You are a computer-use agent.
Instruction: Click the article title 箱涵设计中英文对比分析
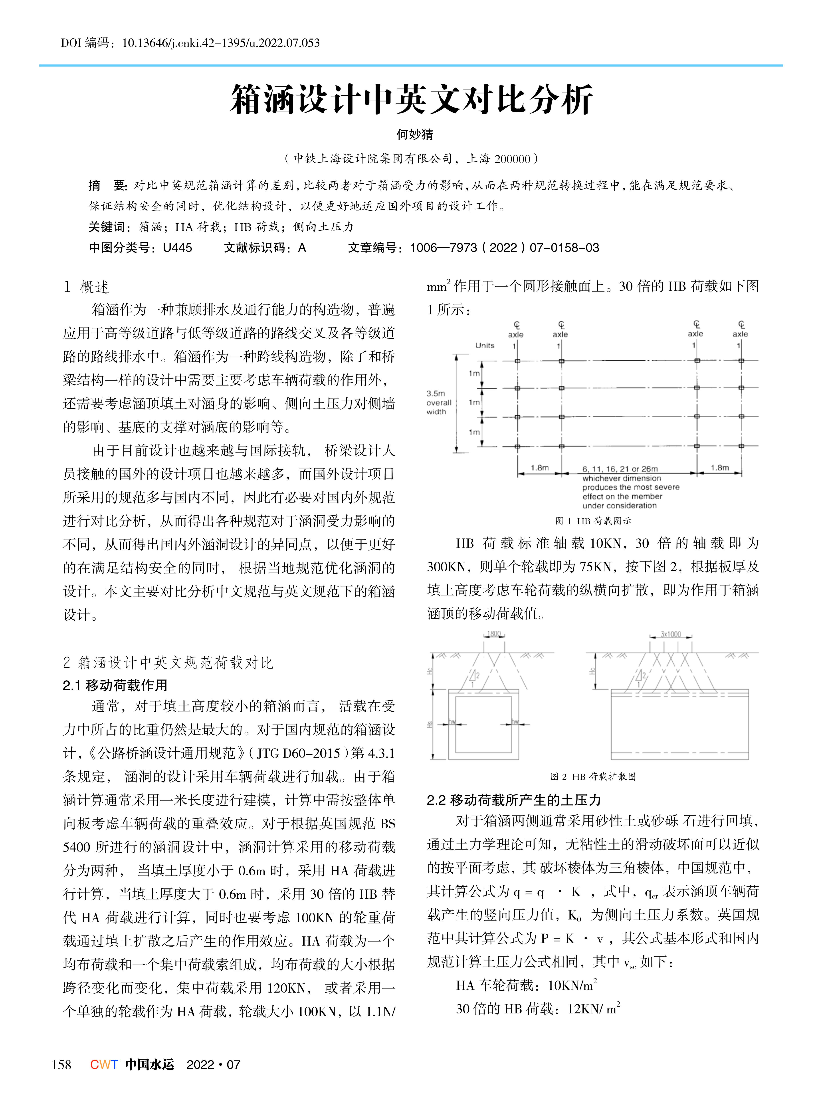coord(411,99)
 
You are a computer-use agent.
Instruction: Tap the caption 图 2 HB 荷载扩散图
coord(593,776)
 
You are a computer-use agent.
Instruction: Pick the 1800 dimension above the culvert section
coord(494,634)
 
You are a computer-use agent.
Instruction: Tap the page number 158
coord(62,1065)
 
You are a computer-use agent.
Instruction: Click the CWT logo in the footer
coord(104,1065)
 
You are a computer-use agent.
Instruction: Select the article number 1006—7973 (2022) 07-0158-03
coord(504,248)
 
